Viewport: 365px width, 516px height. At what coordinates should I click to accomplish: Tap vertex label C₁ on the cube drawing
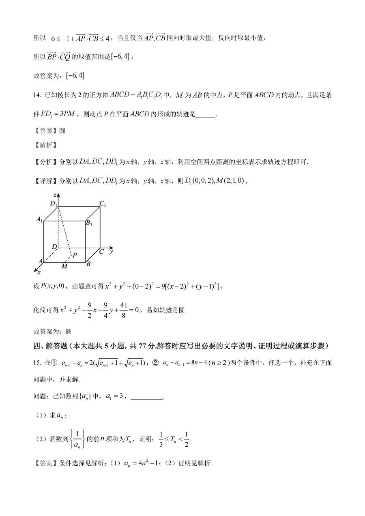tap(103, 204)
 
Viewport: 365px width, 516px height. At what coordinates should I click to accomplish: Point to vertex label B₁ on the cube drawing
tap(89, 223)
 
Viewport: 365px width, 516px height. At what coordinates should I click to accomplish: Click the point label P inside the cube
tap(75, 255)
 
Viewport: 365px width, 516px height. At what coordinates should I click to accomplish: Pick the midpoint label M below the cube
tap(64, 266)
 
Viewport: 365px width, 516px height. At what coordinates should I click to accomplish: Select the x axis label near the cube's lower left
tap(39, 272)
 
